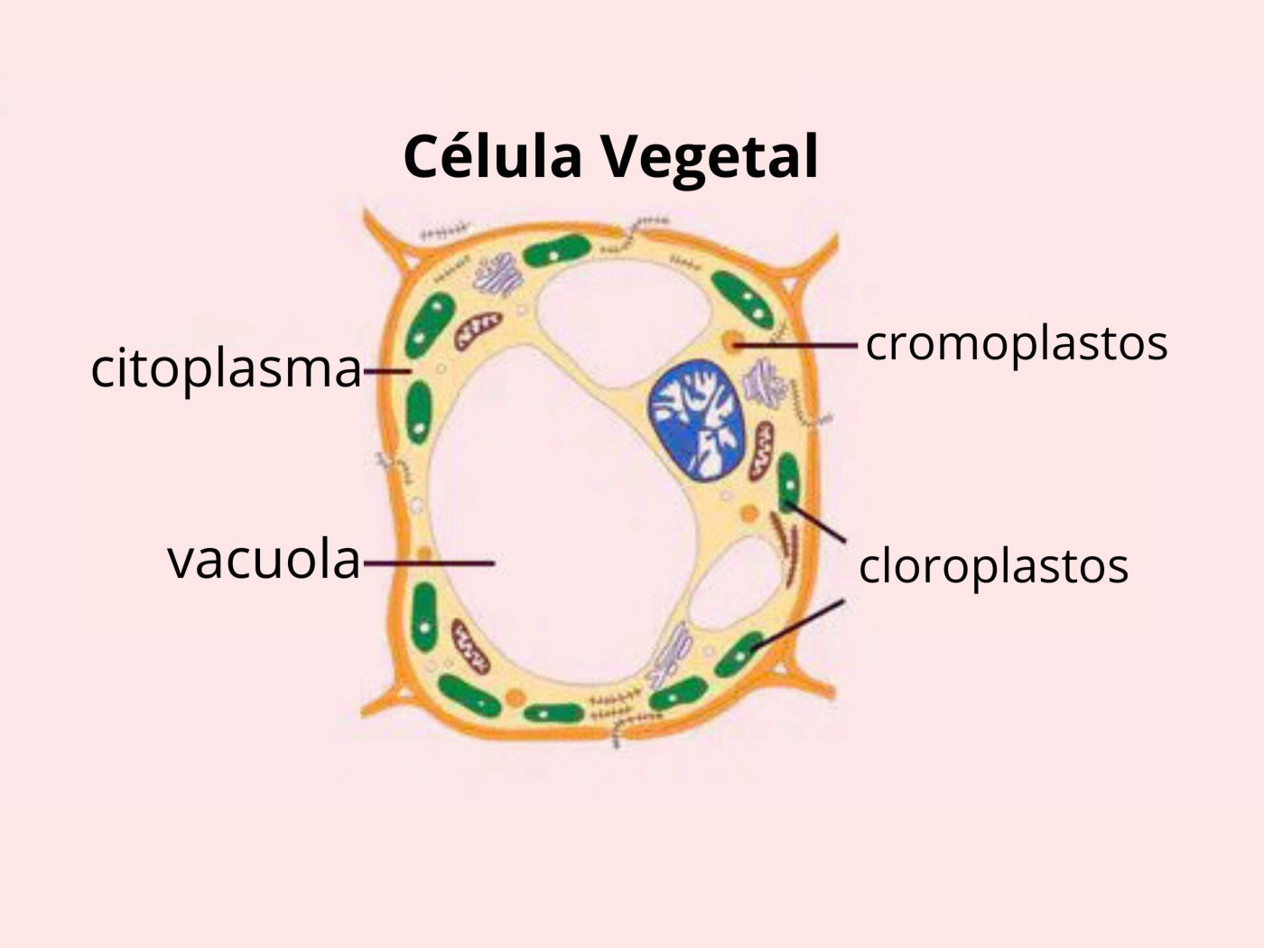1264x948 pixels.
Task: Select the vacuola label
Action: click(x=264, y=560)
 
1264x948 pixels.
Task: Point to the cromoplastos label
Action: click(x=1017, y=343)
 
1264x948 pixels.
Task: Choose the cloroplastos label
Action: click(x=993, y=566)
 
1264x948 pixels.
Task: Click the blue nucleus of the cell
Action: click(x=697, y=418)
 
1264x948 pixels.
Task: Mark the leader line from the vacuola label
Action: click(x=428, y=563)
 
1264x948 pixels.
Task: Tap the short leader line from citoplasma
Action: click(x=387, y=370)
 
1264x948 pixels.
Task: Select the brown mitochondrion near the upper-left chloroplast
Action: click(x=477, y=331)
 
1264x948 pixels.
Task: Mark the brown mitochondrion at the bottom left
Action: click(x=469, y=646)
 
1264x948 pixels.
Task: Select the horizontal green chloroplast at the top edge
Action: click(x=556, y=250)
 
